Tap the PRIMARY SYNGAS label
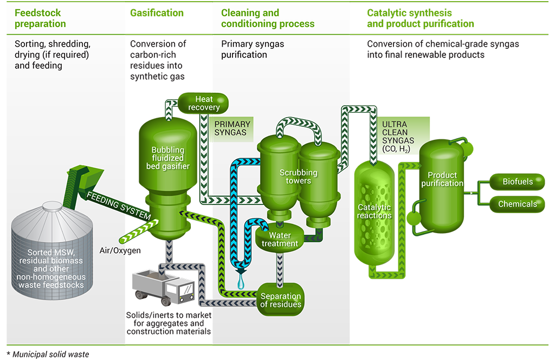[231, 128]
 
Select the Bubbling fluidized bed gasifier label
[168, 158]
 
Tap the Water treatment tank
[280, 239]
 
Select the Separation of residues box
[280, 300]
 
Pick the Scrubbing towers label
[298, 177]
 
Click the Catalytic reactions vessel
[375, 211]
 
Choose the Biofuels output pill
[518, 182]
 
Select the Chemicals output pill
[518, 204]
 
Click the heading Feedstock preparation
[41, 18]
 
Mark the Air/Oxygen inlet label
[116, 250]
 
